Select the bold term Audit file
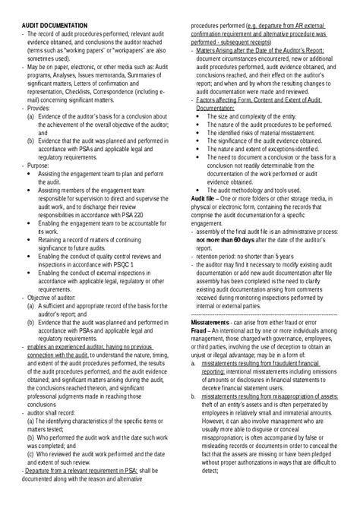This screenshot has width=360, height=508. click(x=205, y=198)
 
